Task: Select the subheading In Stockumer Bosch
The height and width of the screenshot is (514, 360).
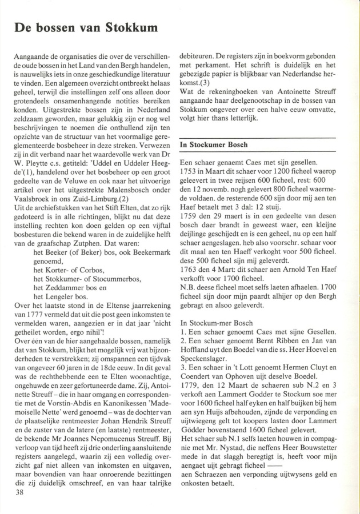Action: tap(214, 145)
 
